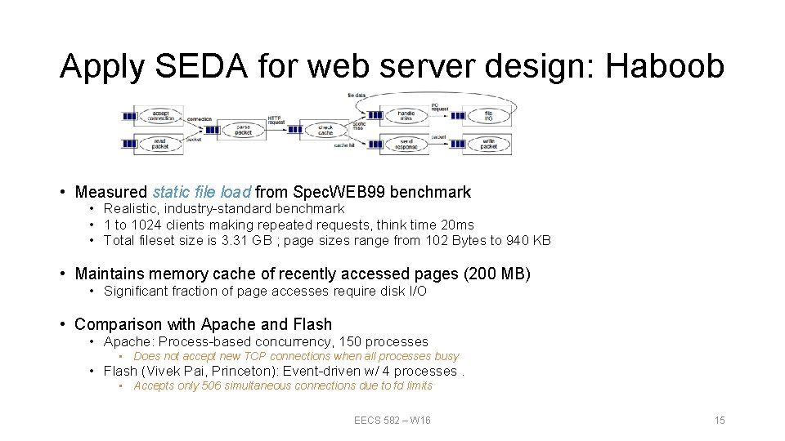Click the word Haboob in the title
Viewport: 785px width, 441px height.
[665, 66]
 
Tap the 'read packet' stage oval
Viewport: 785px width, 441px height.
[160, 144]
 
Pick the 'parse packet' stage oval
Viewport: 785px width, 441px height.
[243, 129]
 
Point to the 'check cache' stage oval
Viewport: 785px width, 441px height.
[325, 129]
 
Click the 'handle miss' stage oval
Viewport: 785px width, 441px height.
[406, 116]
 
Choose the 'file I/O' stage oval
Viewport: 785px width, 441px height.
[488, 116]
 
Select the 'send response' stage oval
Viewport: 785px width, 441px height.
[406, 144]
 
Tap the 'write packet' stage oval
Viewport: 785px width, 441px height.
[488, 144]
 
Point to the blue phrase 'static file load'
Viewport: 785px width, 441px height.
[201, 192]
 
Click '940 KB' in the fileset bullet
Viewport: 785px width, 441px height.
[529, 240]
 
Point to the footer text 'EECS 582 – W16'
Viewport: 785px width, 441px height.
[392, 420]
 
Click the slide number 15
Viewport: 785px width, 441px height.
[720, 420]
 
